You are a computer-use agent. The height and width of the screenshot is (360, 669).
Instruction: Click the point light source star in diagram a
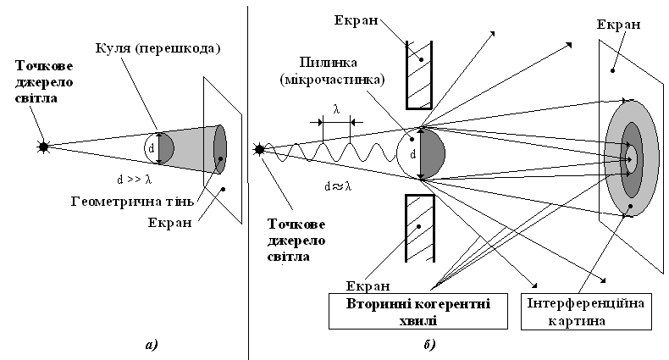point(43,147)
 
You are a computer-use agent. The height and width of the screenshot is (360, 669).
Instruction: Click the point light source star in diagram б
point(259,151)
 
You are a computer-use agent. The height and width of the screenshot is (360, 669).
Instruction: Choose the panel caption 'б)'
point(428,344)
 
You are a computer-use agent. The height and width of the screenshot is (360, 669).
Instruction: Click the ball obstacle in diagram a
point(159,148)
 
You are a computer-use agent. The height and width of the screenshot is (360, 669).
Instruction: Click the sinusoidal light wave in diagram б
point(330,154)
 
